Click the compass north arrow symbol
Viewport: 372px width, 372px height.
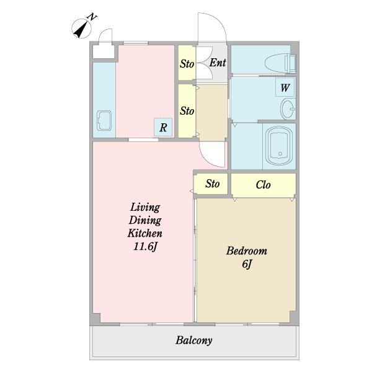[81, 29]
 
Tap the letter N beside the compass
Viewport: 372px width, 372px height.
[92, 17]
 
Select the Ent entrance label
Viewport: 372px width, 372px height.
[218, 63]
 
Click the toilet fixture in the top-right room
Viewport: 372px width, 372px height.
[280, 63]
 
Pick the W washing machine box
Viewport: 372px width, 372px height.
[285, 87]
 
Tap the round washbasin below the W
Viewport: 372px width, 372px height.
[288, 109]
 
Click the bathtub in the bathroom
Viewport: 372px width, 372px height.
[280, 146]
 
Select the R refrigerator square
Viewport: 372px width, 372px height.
[163, 127]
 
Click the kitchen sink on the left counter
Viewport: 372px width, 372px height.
[104, 120]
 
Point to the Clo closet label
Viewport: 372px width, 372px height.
[263, 185]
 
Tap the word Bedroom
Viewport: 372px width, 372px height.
[247, 250]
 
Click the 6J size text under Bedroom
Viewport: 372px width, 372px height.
[247, 264]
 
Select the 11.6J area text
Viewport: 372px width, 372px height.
[145, 247]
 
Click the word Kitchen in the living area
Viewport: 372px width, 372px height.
[145, 233]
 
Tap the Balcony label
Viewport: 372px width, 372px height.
[194, 340]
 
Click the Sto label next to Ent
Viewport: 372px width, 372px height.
[187, 64]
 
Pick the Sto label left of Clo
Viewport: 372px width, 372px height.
[212, 184]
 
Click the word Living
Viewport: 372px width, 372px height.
[145, 207]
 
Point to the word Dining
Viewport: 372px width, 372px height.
[145, 220]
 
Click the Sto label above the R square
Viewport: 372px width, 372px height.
[187, 111]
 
